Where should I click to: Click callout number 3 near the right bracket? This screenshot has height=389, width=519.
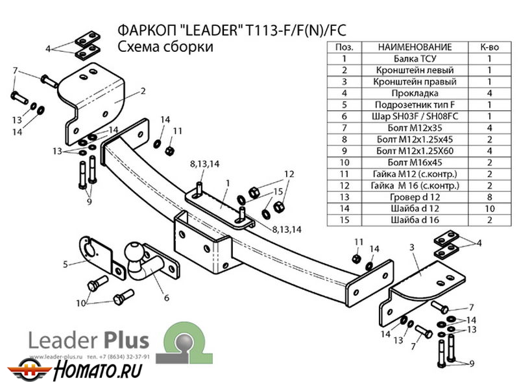[411, 248]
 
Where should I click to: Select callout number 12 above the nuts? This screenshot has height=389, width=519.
[289, 174]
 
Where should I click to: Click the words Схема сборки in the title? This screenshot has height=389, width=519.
[165, 47]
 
